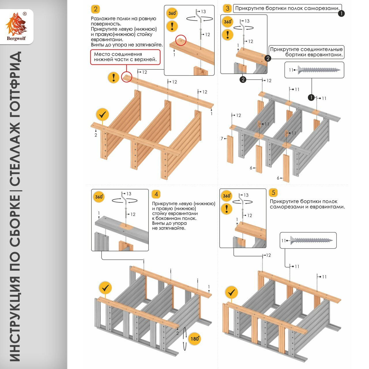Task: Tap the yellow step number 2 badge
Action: (95, 9)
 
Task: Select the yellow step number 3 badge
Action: (227, 8)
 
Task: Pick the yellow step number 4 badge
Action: (156, 194)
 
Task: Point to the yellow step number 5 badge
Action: (273, 192)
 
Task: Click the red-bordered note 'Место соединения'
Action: (125, 57)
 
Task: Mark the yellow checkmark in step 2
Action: (102, 115)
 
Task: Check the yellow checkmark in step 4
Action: (105, 287)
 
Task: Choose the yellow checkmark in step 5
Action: (231, 293)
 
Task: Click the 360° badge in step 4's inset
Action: (99, 197)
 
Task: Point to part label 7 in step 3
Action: (222, 139)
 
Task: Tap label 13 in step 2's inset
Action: (204, 12)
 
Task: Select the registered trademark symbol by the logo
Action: (25, 14)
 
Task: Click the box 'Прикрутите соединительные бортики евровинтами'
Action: (306, 52)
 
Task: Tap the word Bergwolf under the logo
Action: (16, 38)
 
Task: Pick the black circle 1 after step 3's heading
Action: (341, 13)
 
